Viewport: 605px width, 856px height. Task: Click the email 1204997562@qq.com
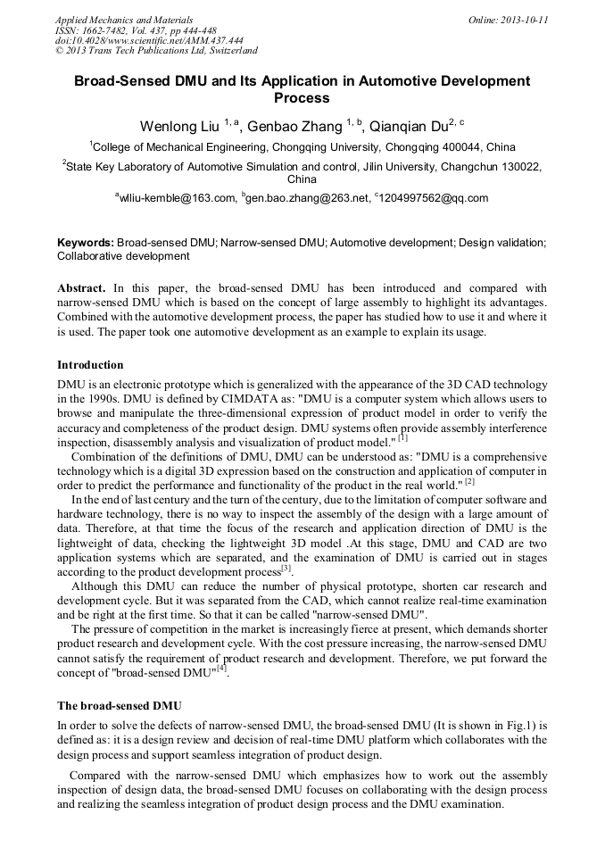pos(434,198)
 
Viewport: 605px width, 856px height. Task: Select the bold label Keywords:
pos(85,242)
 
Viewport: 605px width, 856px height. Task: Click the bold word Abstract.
pos(81,288)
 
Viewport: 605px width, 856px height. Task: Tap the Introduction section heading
pos(90,365)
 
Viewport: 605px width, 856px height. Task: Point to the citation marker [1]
pos(402,438)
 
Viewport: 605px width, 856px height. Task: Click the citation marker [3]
pos(286,568)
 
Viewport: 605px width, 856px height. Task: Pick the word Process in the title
pos(302,98)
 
